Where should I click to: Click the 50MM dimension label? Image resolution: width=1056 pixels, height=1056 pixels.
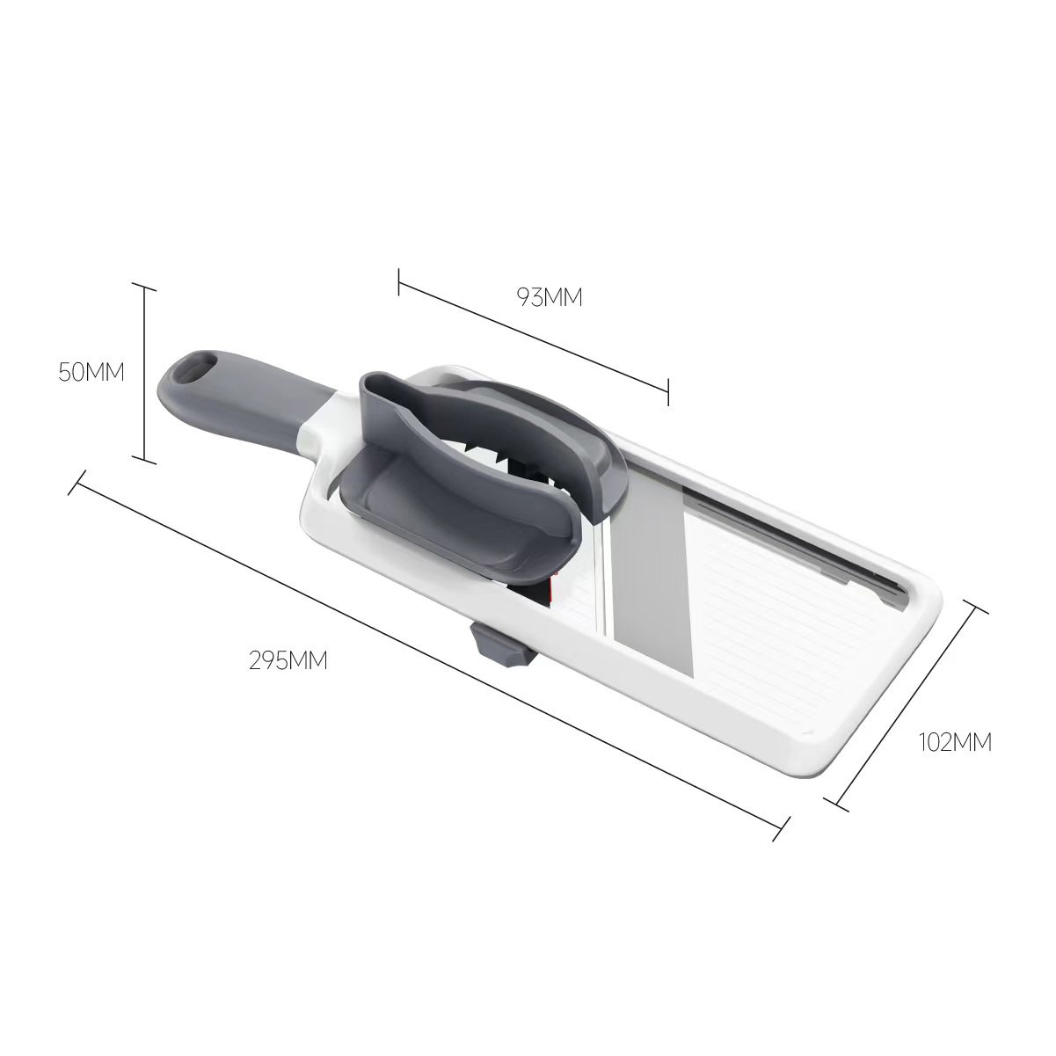coord(91,373)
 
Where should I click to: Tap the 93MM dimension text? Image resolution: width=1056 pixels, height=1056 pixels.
coord(549,297)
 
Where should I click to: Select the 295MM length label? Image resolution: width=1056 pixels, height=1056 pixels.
coord(288,661)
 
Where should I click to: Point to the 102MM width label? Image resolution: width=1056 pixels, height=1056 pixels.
coord(955,743)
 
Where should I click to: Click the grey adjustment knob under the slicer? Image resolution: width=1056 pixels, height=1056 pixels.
coord(499,646)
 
